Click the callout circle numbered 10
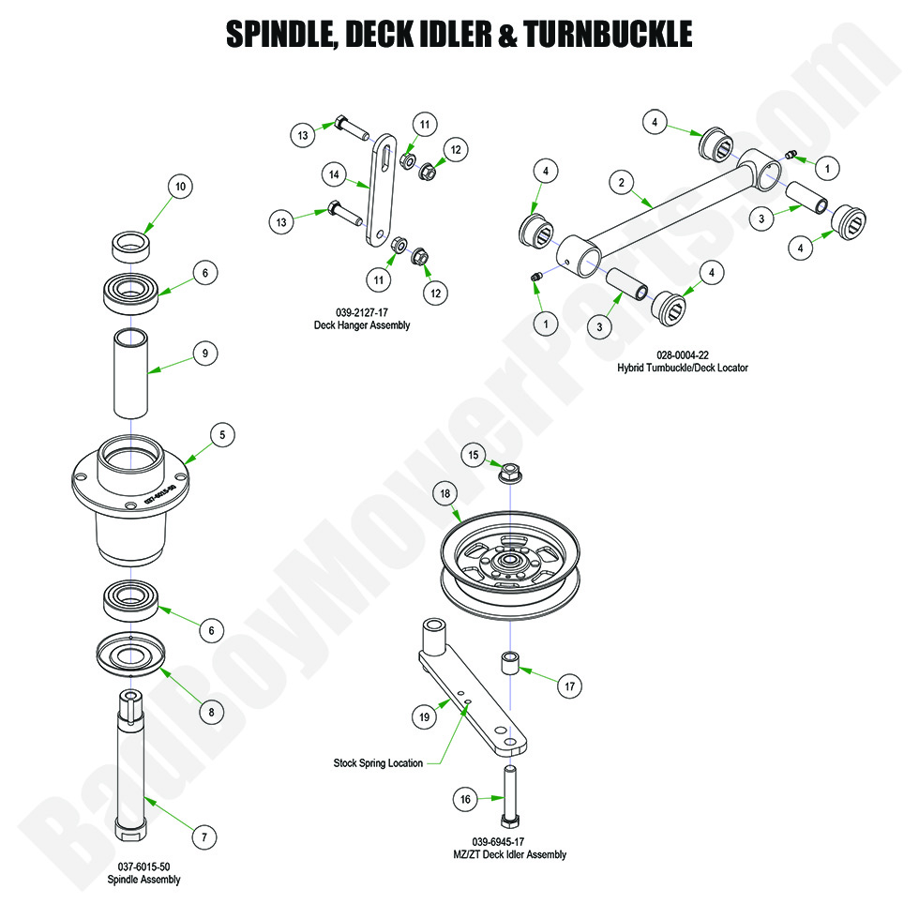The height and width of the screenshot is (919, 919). click(x=181, y=188)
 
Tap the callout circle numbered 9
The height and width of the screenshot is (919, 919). click(x=205, y=354)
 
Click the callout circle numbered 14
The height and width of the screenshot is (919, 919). click(x=333, y=173)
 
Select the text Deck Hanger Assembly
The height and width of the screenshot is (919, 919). click(x=362, y=325)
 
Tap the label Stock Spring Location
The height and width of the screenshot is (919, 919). click(x=378, y=762)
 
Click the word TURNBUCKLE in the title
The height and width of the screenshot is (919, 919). click(x=609, y=35)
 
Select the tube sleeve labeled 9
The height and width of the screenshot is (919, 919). click(x=133, y=373)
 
